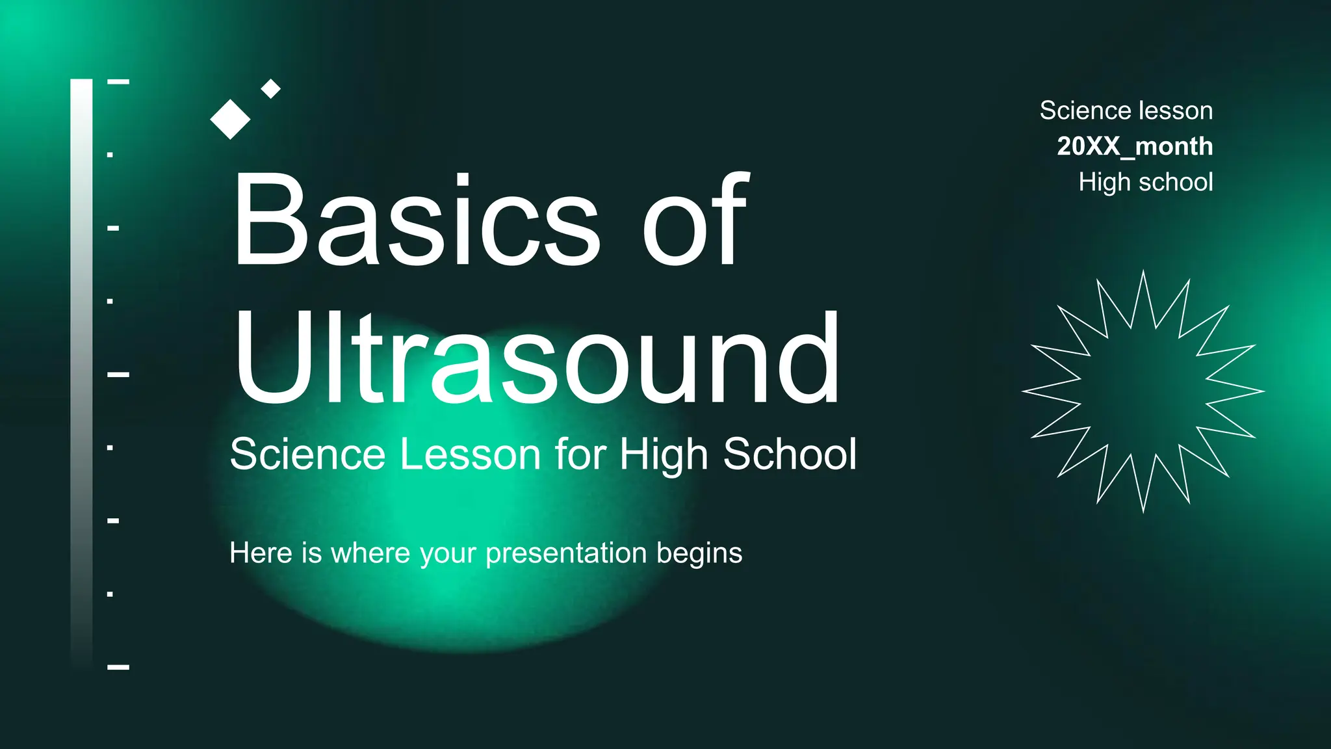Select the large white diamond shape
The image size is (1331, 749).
pyautogui.click(x=230, y=119)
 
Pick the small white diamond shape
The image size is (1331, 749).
pyautogui.click(x=270, y=88)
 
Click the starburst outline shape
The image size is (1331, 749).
pyautogui.click(x=1143, y=391)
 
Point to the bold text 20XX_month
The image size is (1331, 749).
pyautogui.click(x=1135, y=146)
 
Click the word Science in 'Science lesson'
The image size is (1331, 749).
pyautogui.click(x=1080, y=111)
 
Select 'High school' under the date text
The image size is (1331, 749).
pyautogui.click(x=1145, y=182)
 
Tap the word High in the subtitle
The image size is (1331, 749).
pyautogui.click(x=663, y=454)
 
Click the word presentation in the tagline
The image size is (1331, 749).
pyautogui.click(x=566, y=554)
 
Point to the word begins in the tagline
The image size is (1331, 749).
pyautogui.click(x=699, y=554)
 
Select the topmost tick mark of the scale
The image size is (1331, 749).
pyautogui.click(x=118, y=82)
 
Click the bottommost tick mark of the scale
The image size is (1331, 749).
pyautogui.click(x=118, y=667)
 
